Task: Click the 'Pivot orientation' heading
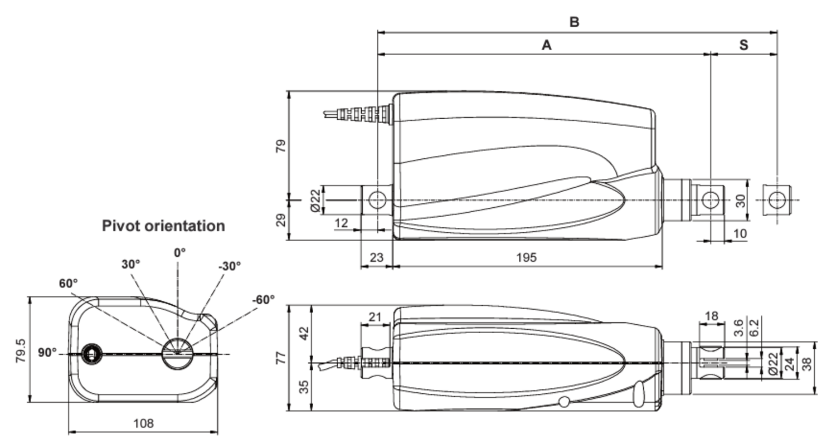(163, 226)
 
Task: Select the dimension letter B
(574, 22)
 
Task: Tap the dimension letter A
(546, 45)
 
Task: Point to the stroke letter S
(743, 45)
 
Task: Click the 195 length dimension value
(526, 257)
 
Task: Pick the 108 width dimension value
(143, 423)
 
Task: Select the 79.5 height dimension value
(20, 350)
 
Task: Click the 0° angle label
(179, 252)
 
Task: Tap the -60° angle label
(263, 300)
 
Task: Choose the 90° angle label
(47, 353)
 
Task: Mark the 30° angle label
(131, 265)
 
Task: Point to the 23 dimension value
(377, 257)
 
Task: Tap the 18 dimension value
(712, 316)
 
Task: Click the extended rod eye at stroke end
(777, 199)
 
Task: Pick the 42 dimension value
(304, 333)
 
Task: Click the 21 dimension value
(376, 317)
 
